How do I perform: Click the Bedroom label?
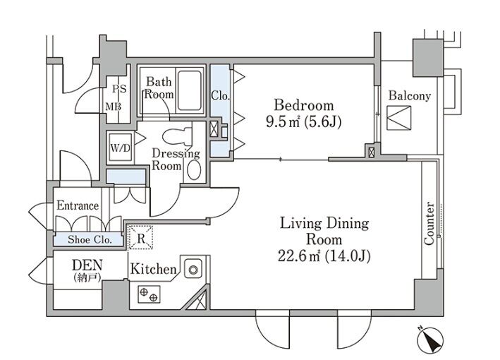click(x=303, y=105)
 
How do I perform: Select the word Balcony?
click(x=410, y=96)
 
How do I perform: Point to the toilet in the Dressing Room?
click(x=177, y=136)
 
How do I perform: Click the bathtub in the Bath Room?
click(x=190, y=90)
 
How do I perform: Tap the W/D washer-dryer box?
click(x=120, y=148)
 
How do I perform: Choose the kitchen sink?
click(x=193, y=270)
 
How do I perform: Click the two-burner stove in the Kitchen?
click(x=149, y=294)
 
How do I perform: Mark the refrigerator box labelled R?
click(x=140, y=237)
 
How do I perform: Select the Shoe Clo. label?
click(x=90, y=239)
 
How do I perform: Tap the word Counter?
click(x=429, y=223)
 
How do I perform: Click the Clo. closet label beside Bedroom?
click(x=220, y=95)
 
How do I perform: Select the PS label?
click(x=119, y=89)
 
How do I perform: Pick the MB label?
click(x=114, y=107)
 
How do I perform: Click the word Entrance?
click(x=78, y=205)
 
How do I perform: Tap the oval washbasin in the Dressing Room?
click(x=194, y=169)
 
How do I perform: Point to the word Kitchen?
click(x=153, y=269)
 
